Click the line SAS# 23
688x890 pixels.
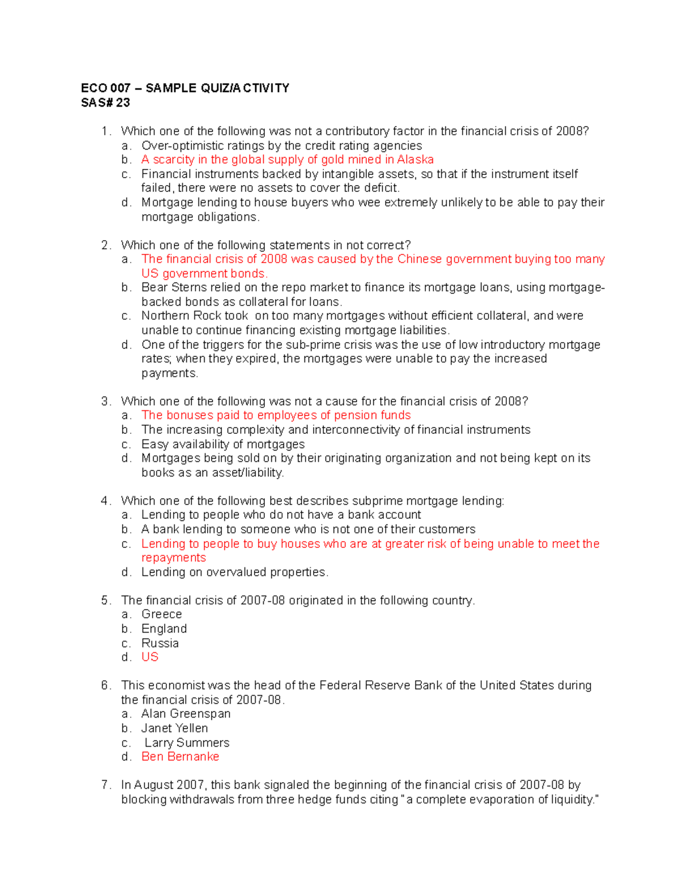click(105, 103)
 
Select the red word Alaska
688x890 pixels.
click(415, 159)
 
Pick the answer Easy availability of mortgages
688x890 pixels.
click(223, 444)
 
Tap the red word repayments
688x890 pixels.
click(174, 558)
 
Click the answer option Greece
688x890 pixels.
click(162, 614)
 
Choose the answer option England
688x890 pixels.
click(164, 629)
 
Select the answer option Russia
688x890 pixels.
click(160, 643)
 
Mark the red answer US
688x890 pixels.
click(150, 657)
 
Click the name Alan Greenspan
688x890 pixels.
click(186, 713)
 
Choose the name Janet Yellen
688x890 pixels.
click(174, 728)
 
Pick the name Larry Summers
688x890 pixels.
click(187, 743)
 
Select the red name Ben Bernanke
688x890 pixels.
click(180, 756)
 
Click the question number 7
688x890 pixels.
click(105, 785)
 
